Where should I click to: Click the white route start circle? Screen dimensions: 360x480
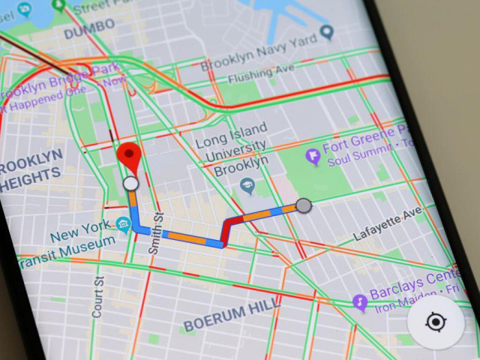(x=131, y=184)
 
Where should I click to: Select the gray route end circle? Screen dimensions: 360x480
(x=304, y=205)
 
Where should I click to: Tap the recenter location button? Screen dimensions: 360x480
(x=436, y=322)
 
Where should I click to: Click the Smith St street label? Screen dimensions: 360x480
(x=157, y=233)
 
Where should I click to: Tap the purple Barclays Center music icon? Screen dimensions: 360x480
(x=360, y=302)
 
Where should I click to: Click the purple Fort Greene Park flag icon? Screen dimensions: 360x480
(x=313, y=157)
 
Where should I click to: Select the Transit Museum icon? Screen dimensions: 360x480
(x=123, y=224)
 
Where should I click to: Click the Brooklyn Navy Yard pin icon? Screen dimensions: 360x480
(x=327, y=33)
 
